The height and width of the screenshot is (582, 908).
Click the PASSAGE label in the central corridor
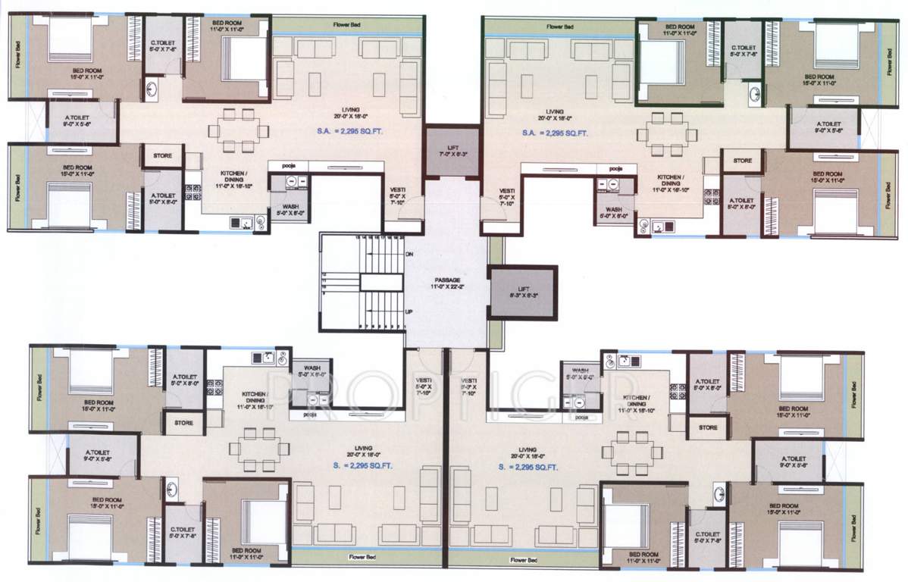447,280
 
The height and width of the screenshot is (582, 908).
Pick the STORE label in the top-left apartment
162,156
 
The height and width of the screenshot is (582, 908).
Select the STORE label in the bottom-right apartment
708,427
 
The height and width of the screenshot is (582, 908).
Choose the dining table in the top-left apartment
237,130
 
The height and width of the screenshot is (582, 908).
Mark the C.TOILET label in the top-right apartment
742,50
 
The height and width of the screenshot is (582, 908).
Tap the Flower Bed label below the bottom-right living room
524,560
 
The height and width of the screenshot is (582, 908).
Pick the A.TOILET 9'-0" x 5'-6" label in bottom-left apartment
102,455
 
